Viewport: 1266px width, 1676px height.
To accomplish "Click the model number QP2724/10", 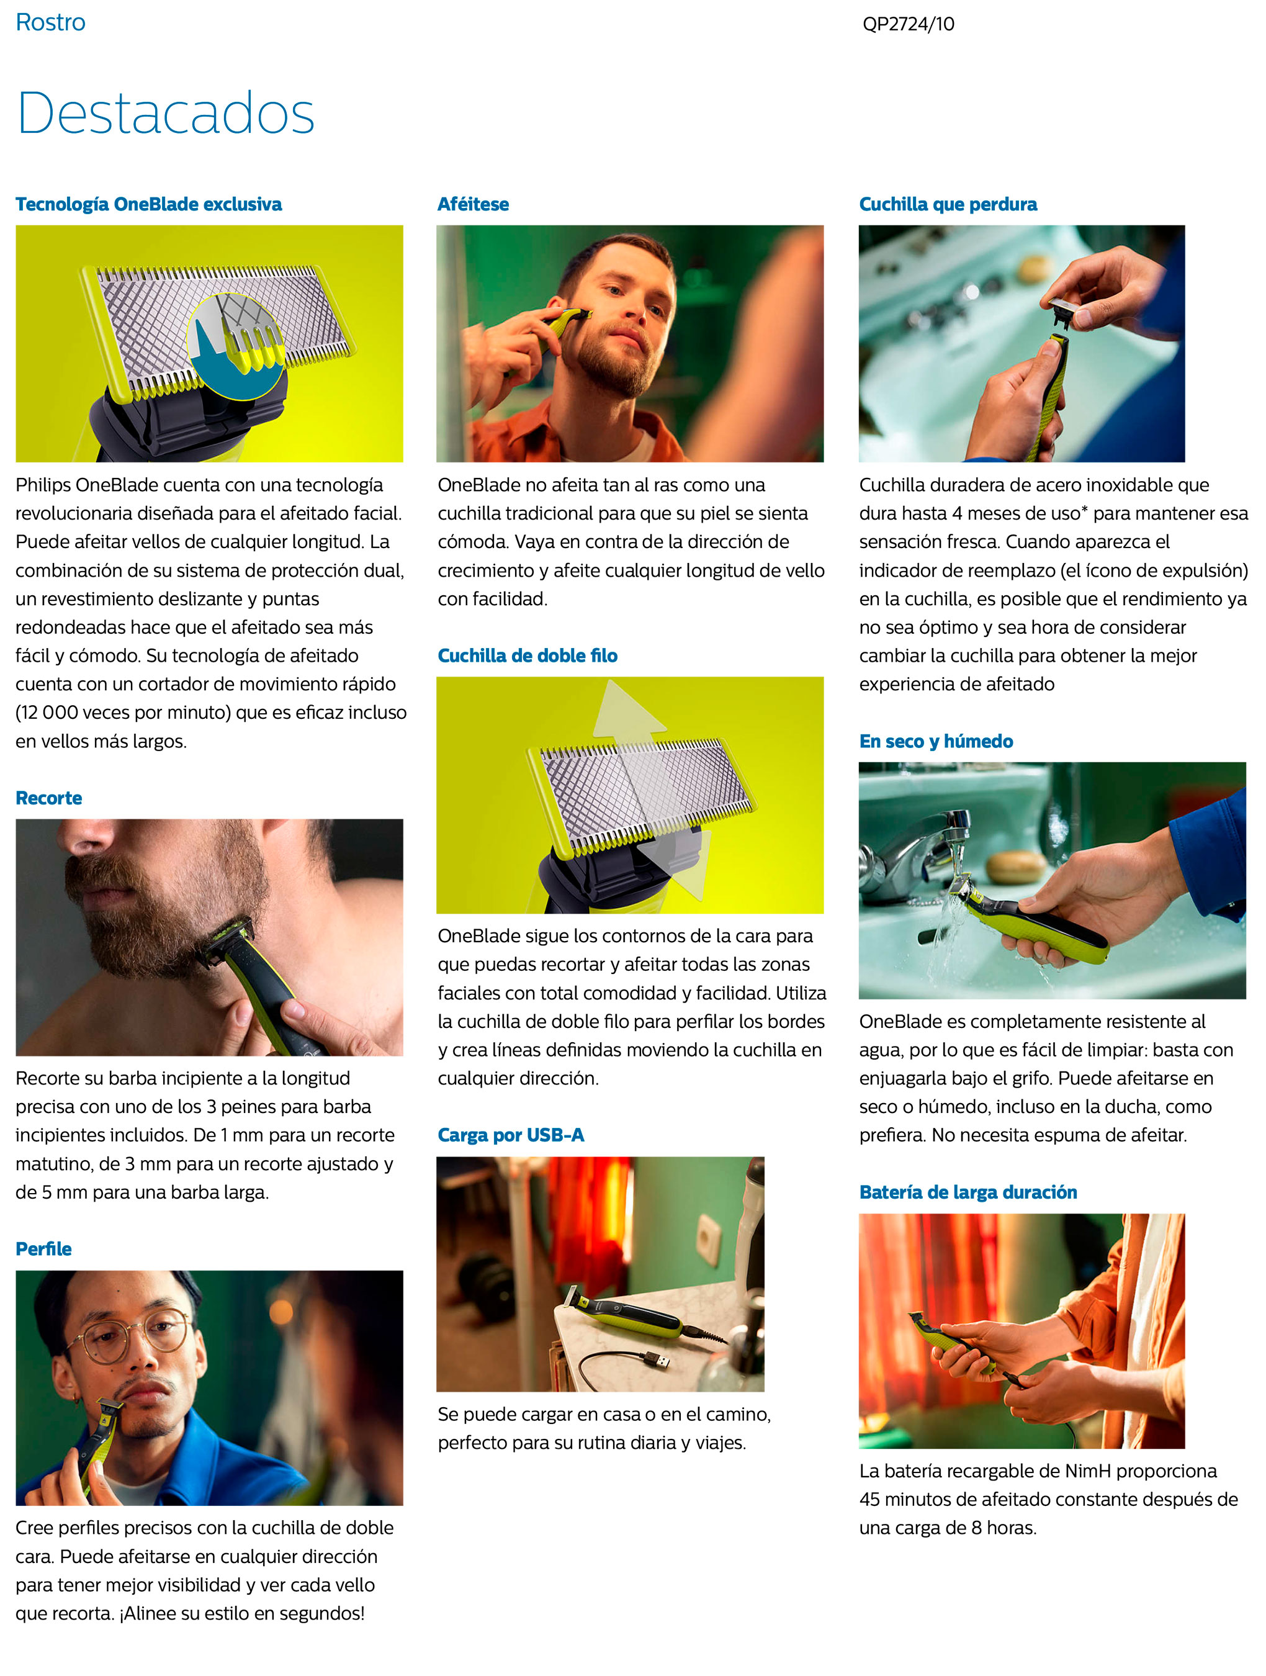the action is [908, 24].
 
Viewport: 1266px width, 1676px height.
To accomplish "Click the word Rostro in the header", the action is [51, 23].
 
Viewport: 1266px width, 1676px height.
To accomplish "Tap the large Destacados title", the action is [165, 113].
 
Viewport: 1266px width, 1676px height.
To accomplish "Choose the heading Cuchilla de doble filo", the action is [527, 656].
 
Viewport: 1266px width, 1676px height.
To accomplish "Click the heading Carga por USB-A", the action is [511, 1135].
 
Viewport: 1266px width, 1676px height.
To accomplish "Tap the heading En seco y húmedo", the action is [936, 741].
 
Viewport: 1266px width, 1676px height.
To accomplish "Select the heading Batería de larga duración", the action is [967, 1192].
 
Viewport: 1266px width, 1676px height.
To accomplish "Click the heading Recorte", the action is [48, 798].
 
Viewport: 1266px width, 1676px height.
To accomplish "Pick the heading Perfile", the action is [43, 1249].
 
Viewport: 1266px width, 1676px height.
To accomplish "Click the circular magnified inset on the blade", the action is [236, 346].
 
